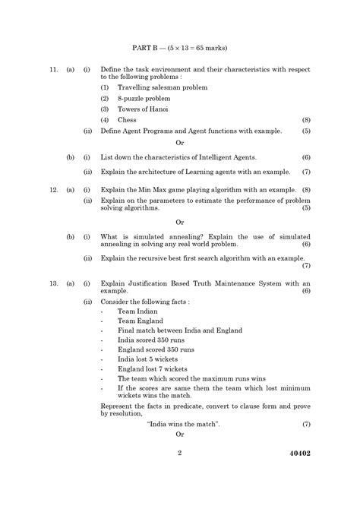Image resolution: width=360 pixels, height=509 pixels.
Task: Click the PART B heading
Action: point(179,47)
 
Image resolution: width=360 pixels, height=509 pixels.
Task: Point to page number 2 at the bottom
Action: point(180,454)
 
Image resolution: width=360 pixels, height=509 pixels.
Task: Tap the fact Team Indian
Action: point(138,311)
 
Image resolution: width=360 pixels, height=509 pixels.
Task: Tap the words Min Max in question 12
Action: point(151,188)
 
